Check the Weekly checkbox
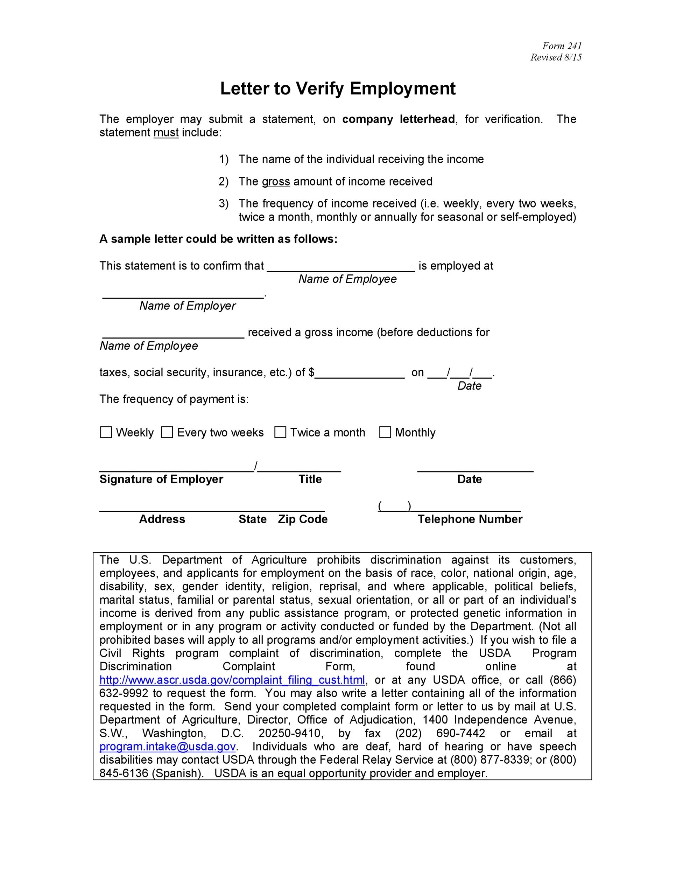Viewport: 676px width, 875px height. (x=106, y=432)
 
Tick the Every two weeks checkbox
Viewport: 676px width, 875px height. (x=167, y=432)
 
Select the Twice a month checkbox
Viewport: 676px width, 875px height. (x=280, y=432)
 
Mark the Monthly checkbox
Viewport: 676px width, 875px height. (x=385, y=432)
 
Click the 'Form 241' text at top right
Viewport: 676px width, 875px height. (x=562, y=45)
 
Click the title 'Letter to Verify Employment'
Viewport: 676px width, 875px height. (x=338, y=89)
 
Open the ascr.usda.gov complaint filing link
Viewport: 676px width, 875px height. (x=232, y=680)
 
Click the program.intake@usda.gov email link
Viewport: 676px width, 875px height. (x=167, y=747)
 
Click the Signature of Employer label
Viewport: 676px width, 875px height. (x=161, y=479)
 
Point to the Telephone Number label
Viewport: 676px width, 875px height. (x=470, y=519)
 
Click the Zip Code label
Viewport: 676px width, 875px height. (x=303, y=519)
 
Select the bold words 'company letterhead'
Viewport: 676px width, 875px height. (x=399, y=119)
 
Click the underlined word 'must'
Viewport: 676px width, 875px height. (x=166, y=133)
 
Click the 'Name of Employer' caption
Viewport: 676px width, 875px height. (x=188, y=306)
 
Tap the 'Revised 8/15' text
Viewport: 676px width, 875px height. (x=556, y=57)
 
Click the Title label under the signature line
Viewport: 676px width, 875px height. (x=310, y=479)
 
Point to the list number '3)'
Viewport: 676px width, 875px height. (x=224, y=204)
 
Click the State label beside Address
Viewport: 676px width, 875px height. (x=252, y=519)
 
